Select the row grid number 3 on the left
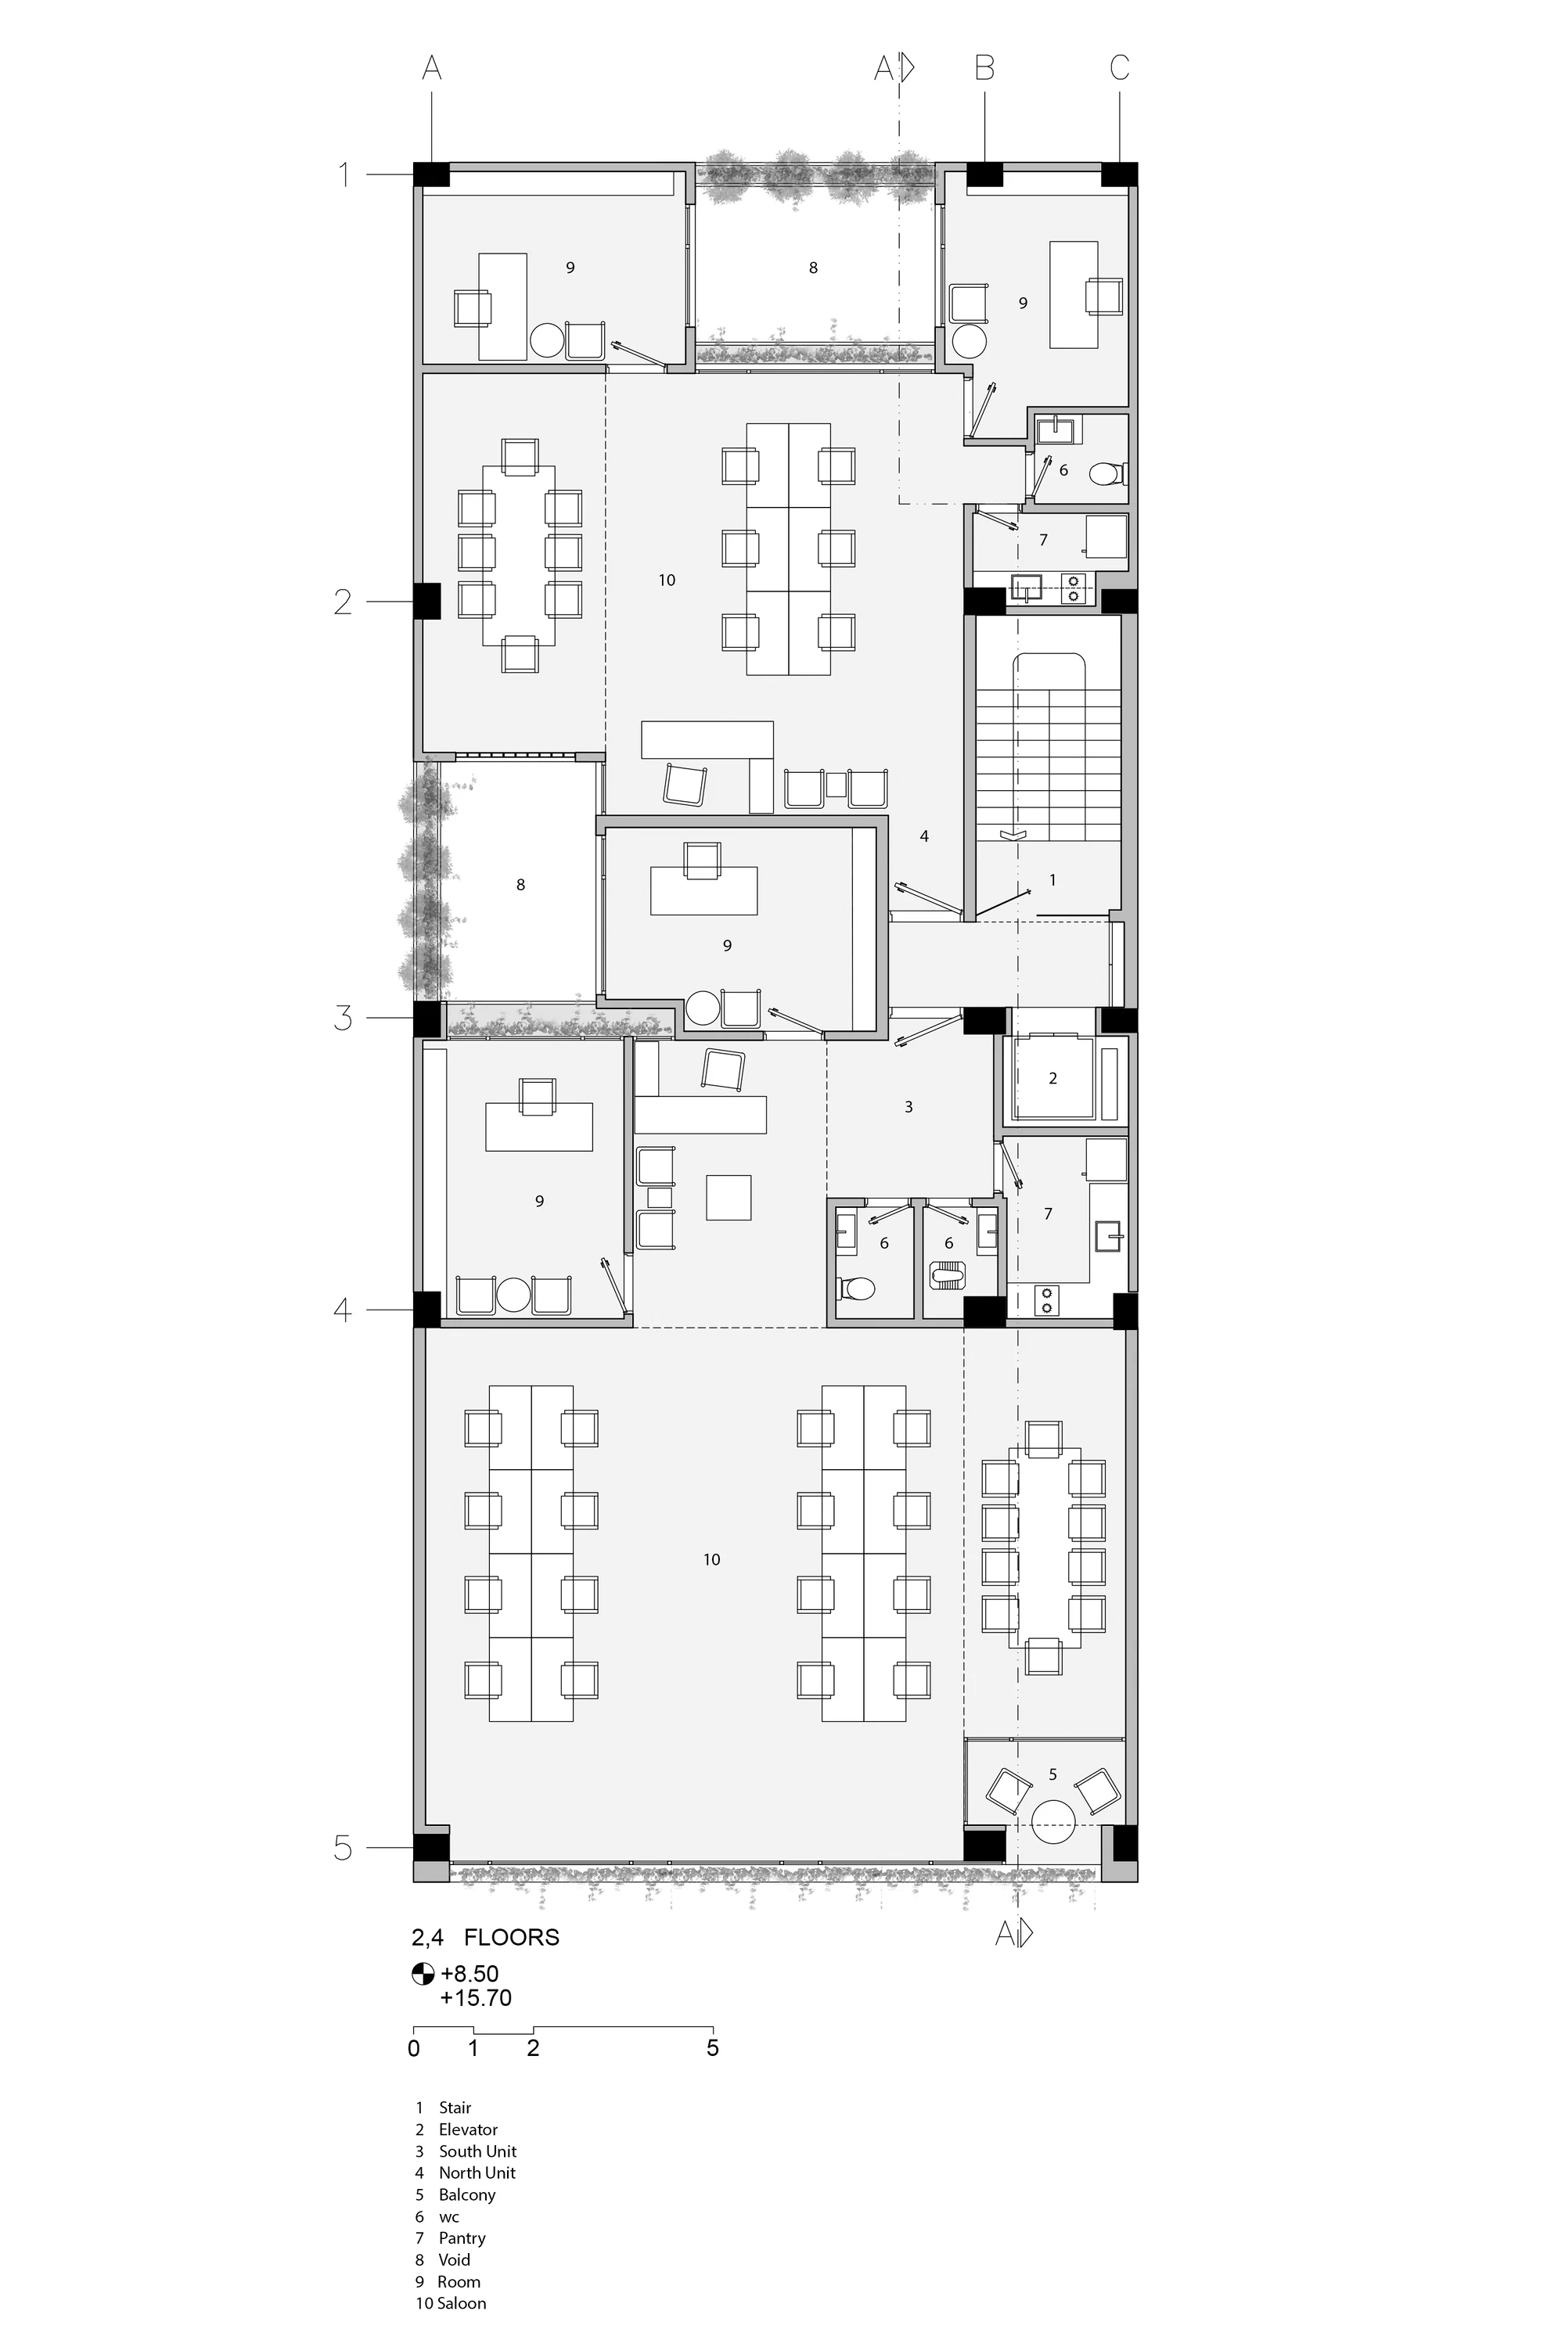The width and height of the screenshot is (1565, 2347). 344,1018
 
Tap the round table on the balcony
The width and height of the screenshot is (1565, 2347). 1053,1822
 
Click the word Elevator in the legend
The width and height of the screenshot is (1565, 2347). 467,2130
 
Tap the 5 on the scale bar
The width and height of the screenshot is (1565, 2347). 713,2047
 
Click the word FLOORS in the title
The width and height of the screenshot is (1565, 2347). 512,1937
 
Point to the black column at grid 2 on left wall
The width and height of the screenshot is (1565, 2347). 426,601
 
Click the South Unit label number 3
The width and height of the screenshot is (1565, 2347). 908,1107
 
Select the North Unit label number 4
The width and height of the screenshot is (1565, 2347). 924,836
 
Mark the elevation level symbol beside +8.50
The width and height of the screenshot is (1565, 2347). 423,1974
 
